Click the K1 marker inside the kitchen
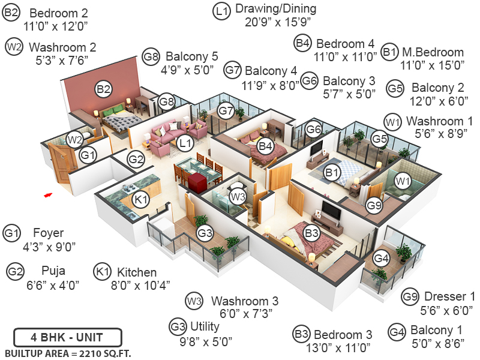pos(140,200)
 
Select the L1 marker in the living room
pos(185,142)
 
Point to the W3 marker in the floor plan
pos(238,196)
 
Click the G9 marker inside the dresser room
pos(374,205)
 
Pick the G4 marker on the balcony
pos(381,259)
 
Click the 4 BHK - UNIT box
pos(67,337)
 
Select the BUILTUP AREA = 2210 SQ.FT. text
pos(68,352)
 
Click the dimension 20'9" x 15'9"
pos(275,23)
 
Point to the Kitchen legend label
pos(137,272)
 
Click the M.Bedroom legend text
pos(433,52)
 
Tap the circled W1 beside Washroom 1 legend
pos(393,122)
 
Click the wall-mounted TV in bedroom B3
pos(329,209)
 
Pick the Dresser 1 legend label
pos(449,296)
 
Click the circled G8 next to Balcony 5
pos(151,58)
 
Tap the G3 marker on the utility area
pos(205,232)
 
